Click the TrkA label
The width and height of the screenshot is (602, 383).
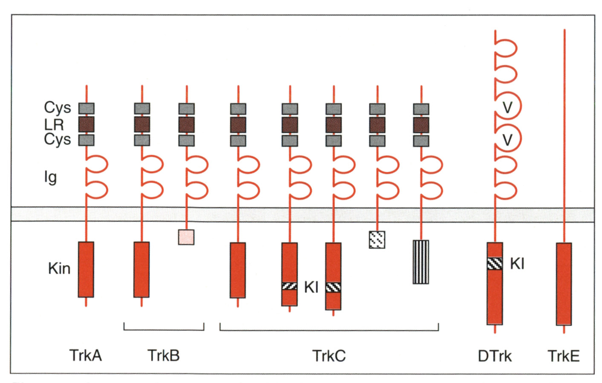coord(85,355)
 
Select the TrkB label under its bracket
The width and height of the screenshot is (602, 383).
coord(164,355)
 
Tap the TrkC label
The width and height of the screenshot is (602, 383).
coord(329,356)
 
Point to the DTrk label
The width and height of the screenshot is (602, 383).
coord(494,356)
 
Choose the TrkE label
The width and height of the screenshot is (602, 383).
coord(563,356)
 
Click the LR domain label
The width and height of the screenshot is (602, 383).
coord(54,124)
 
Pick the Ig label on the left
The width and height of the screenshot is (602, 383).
coord(51,177)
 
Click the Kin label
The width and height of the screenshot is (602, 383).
coord(59,268)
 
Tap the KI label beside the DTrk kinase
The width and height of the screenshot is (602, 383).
coord(517,264)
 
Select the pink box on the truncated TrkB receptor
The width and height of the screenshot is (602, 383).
coord(186,237)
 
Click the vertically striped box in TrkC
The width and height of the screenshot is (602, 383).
coord(421,262)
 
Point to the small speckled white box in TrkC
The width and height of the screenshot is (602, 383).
coord(377,240)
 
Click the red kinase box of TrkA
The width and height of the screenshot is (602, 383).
coord(86,269)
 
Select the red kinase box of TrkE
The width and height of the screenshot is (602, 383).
coord(564,284)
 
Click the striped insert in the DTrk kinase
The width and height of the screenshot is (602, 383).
coord(495,263)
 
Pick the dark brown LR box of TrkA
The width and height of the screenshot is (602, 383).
coord(86,124)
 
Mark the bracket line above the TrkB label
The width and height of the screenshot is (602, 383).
coord(164,329)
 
